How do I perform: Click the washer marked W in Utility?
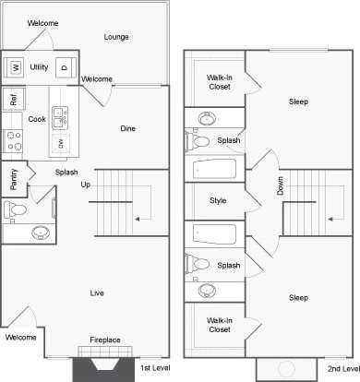(16, 67)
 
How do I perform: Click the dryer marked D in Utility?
(64, 67)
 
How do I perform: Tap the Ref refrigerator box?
(13, 99)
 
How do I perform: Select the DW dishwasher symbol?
(62, 142)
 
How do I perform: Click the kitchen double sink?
(60, 117)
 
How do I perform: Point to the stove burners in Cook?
(14, 140)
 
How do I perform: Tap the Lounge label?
(116, 37)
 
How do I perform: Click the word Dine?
(128, 129)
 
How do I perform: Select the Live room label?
(96, 293)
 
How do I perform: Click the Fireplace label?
(104, 340)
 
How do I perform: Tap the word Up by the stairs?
(86, 185)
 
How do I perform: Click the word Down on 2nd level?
(280, 185)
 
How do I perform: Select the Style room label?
(218, 200)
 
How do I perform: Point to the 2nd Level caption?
(341, 368)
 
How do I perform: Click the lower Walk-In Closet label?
(219, 325)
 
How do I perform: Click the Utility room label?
(39, 67)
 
